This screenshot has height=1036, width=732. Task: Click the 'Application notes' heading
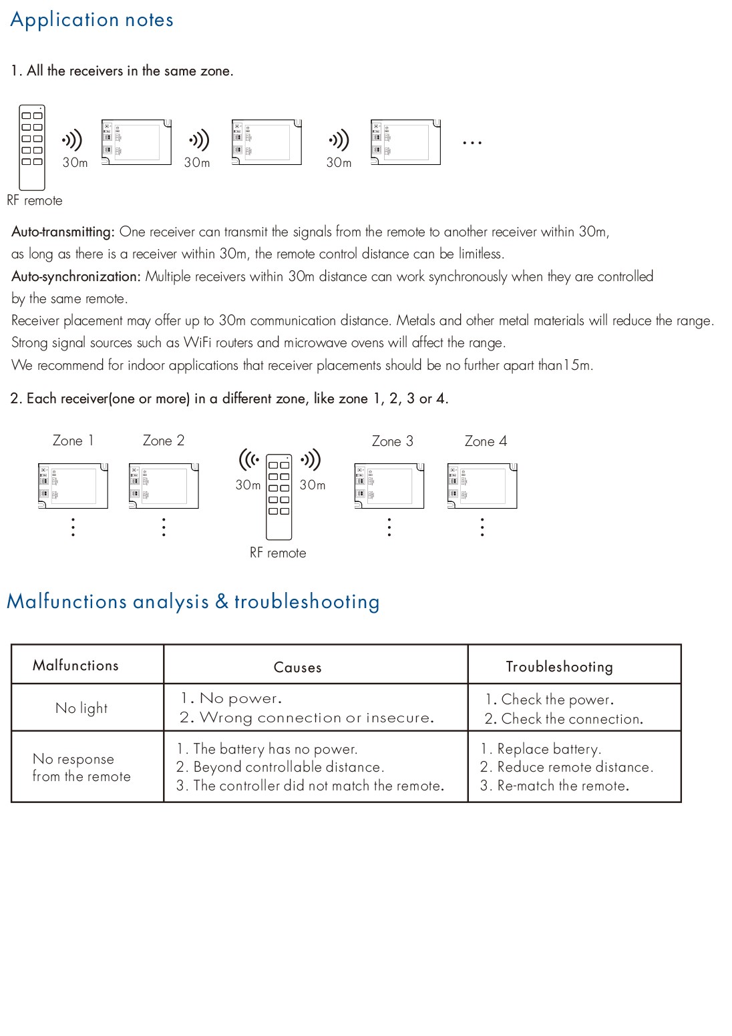pos(91,20)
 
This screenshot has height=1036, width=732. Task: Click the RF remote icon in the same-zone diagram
pos(32,148)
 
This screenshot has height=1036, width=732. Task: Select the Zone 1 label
pos(73,441)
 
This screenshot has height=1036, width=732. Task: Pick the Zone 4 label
pos(486,441)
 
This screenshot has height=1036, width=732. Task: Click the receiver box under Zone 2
pos(164,486)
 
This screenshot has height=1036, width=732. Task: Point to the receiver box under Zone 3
pos(389,486)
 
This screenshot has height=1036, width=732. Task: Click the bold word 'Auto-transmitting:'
pos(63,232)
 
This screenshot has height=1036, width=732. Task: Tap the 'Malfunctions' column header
pos(75,666)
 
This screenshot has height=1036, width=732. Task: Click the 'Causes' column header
pos(298,668)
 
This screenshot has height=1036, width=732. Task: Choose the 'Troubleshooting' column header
pos(559,667)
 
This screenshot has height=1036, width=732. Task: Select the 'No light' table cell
pos(81,708)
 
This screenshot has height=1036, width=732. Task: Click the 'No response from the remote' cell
pos(81,768)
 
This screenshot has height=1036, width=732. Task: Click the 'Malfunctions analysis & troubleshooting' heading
pos(193,601)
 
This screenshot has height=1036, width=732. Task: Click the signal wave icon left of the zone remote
pos(249,459)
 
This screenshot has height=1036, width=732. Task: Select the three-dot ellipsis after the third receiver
pos(472,143)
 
